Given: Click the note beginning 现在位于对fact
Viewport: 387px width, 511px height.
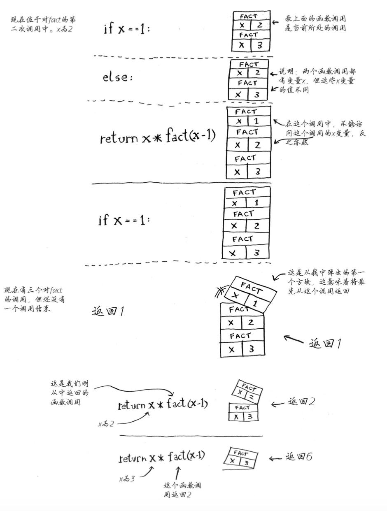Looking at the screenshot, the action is point(43,24).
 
